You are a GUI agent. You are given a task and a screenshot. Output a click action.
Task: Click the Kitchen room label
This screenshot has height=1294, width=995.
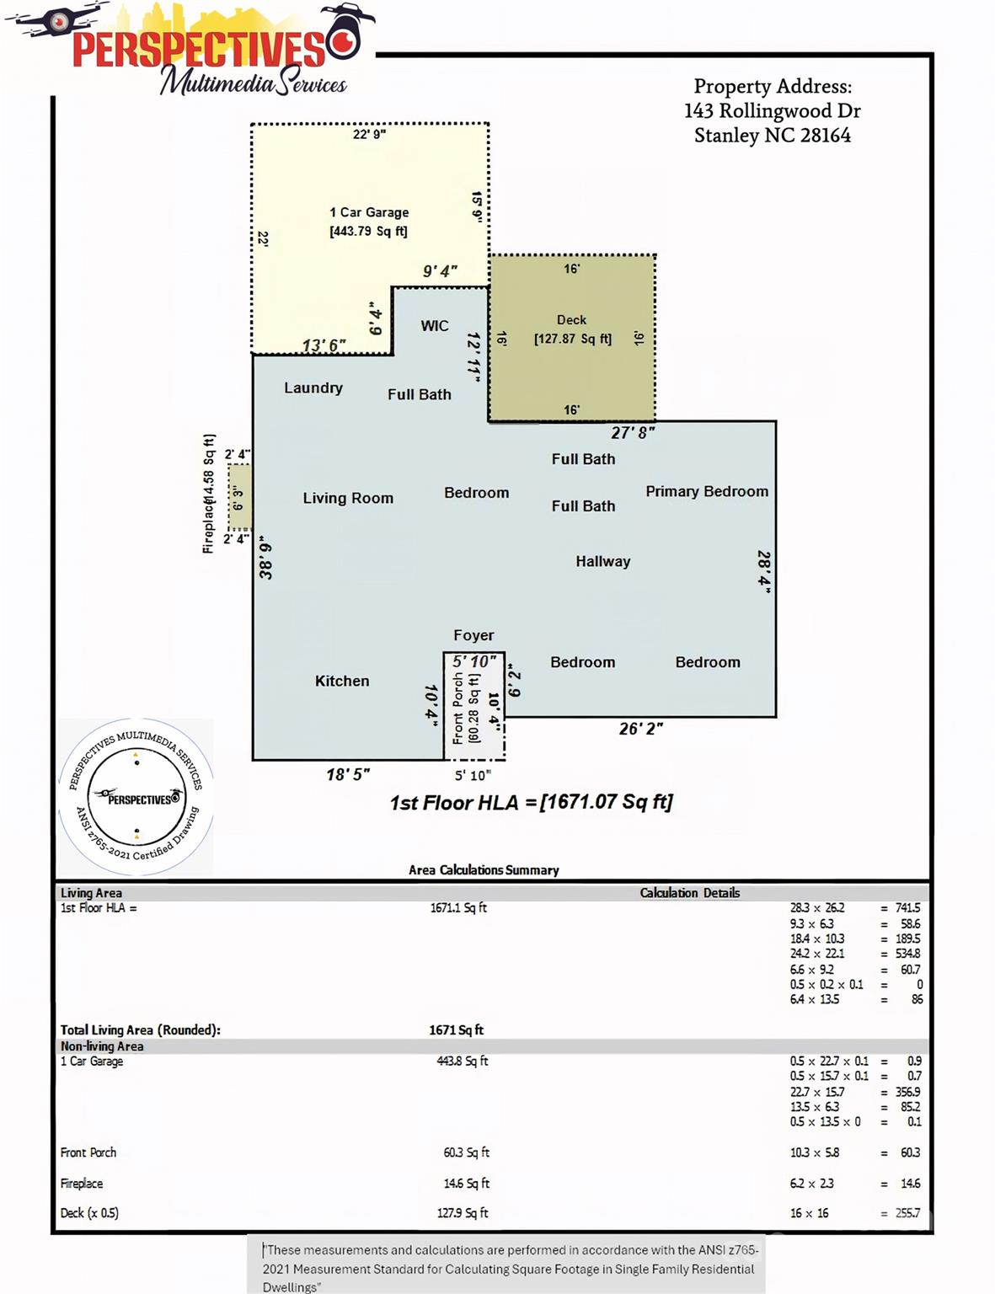342,681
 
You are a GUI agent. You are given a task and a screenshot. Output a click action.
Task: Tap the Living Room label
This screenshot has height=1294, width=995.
348,498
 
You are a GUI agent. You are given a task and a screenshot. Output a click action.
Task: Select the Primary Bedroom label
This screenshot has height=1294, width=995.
707,491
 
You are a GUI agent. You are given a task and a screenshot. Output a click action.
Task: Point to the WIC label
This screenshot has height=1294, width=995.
434,326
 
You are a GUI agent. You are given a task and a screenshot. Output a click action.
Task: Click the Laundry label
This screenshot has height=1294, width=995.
313,388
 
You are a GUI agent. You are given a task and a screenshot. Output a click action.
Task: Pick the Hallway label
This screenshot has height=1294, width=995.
602,562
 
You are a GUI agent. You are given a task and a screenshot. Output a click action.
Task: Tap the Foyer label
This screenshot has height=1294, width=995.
473,635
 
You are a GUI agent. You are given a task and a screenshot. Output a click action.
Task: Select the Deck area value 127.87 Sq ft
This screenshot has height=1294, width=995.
572,339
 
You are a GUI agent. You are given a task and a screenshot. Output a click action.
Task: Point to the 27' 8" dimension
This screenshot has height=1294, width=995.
633,433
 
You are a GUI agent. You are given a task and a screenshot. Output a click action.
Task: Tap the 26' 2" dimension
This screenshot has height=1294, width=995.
640,729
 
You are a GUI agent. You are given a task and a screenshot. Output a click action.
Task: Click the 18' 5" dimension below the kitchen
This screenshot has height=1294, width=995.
348,775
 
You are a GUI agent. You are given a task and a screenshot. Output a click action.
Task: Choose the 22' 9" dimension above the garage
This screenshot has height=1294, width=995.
369,135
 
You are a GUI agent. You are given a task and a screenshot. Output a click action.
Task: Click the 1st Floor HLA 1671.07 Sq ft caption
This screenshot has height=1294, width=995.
531,802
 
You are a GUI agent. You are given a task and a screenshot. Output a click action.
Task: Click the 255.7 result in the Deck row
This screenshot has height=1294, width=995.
907,1213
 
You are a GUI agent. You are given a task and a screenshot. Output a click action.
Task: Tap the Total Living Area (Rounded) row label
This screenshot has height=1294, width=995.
141,1030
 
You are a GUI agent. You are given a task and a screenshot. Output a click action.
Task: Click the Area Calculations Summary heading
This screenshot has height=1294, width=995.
484,870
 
